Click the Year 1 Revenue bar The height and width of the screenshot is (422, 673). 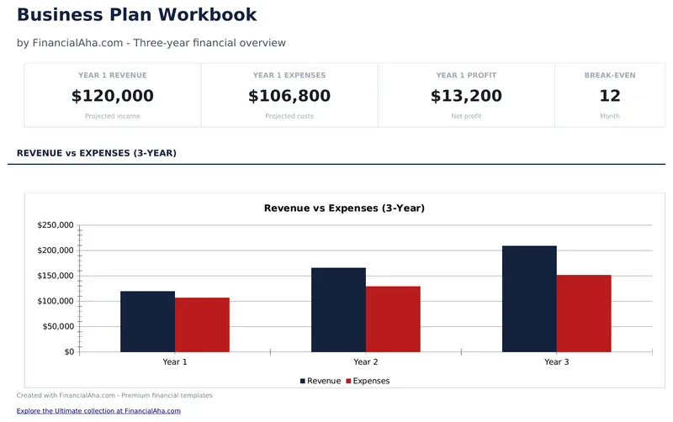147,321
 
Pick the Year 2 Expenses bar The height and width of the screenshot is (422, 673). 393,319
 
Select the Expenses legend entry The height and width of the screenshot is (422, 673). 370,381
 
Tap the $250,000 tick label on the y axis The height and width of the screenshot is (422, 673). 56,225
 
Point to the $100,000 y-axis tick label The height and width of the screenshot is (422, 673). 56,301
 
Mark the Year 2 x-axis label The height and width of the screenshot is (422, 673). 365,361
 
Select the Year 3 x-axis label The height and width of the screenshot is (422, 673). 556,361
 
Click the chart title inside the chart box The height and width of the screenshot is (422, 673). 344,208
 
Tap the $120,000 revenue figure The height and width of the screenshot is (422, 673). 112,96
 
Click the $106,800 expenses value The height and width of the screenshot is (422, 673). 289,96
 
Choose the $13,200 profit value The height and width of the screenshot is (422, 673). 466,96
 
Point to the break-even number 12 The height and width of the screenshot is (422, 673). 610,96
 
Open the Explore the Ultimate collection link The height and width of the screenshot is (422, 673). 98,411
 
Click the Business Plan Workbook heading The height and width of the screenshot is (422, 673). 137,14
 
